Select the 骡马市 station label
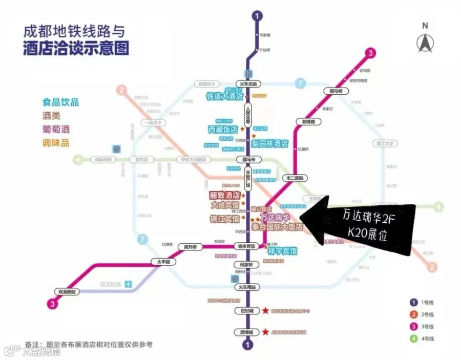pyautogui.click(x=248, y=159)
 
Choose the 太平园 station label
pyautogui.click(x=163, y=262)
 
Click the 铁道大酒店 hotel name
pyautogui.click(x=224, y=96)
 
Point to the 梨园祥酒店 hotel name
pyautogui.click(x=270, y=143)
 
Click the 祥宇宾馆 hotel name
pyautogui.click(x=279, y=251)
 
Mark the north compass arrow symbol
pyautogui.click(x=424, y=43)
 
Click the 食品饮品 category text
pyautogui.click(x=61, y=102)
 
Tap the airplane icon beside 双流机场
pyautogui.click(x=128, y=283)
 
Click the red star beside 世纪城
pyautogui.click(x=265, y=311)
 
